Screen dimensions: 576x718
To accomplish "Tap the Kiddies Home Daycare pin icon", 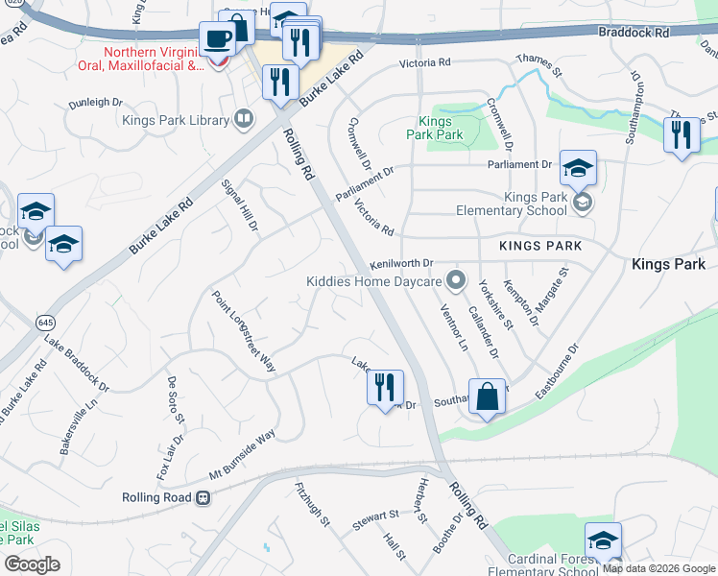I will (x=457, y=281).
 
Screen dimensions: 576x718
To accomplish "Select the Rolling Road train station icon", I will (x=203, y=497).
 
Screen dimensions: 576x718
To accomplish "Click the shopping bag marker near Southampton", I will (x=487, y=396).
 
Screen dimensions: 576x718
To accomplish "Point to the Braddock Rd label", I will (x=659, y=32).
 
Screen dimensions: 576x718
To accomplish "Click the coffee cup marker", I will (x=217, y=40).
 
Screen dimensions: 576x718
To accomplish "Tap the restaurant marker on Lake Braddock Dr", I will (x=385, y=388).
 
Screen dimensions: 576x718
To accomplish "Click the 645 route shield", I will (x=45, y=321).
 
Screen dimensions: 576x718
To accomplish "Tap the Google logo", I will (x=32, y=564).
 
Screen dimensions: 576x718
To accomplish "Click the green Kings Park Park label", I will (x=440, y=128).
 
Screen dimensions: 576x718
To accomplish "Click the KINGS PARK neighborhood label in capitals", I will (x=540, y=247).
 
